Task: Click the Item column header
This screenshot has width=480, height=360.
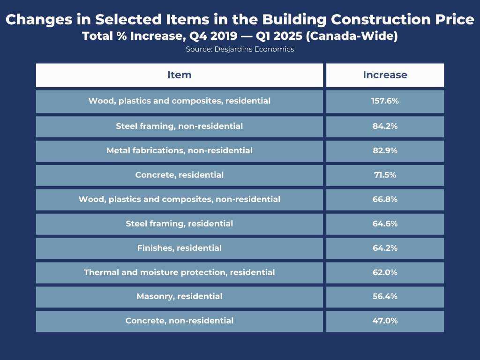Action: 180,75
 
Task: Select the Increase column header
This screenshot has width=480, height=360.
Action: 385,75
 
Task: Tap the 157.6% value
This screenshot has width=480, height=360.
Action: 385,101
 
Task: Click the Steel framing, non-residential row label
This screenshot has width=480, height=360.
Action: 180,126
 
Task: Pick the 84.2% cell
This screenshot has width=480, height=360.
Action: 385,126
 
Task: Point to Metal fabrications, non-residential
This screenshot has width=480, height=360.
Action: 180,150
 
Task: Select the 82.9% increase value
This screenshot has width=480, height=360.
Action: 385,150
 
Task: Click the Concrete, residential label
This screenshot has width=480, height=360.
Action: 180,175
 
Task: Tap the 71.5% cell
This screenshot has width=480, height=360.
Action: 385,175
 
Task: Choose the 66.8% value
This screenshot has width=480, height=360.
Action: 385,199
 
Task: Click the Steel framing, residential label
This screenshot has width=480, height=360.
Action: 180,224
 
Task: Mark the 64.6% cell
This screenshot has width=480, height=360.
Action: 385,224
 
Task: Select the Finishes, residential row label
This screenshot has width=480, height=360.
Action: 180,248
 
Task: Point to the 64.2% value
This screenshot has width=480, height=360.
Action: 385,248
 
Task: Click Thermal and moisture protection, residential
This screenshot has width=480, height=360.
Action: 180,272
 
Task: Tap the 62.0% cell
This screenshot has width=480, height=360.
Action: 385,272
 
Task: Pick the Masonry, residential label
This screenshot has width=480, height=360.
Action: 180,296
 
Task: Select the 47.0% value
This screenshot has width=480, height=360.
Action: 385,321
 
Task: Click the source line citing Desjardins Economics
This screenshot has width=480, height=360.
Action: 240,49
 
